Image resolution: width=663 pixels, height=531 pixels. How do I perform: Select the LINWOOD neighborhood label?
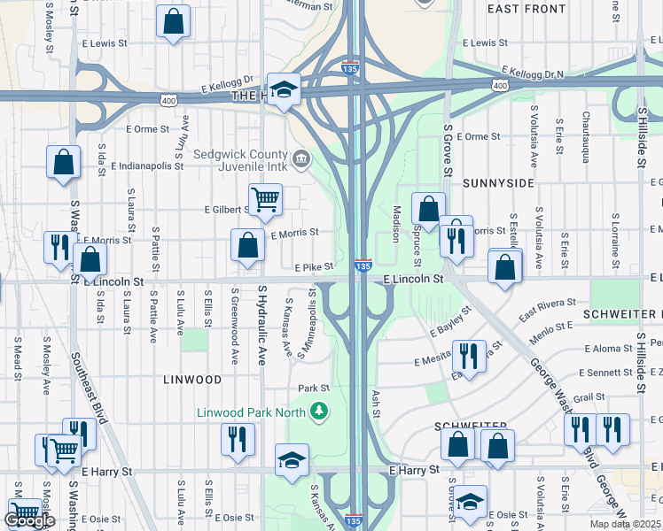(192, 380)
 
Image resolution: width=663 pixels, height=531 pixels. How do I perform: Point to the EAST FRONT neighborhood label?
(526, 9)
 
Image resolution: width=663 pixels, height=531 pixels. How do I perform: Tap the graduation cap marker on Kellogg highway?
(284, 88)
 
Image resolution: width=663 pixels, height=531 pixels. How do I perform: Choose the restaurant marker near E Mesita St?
(469, 356)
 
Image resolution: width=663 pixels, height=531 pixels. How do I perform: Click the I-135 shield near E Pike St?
(363, 265)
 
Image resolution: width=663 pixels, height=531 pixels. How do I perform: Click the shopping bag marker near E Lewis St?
(173, 20)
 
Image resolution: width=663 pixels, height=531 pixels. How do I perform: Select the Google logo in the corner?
(29, 520)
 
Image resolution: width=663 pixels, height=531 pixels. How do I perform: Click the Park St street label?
(313, 388)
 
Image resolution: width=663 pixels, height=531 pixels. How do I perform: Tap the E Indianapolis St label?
(154, 163)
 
